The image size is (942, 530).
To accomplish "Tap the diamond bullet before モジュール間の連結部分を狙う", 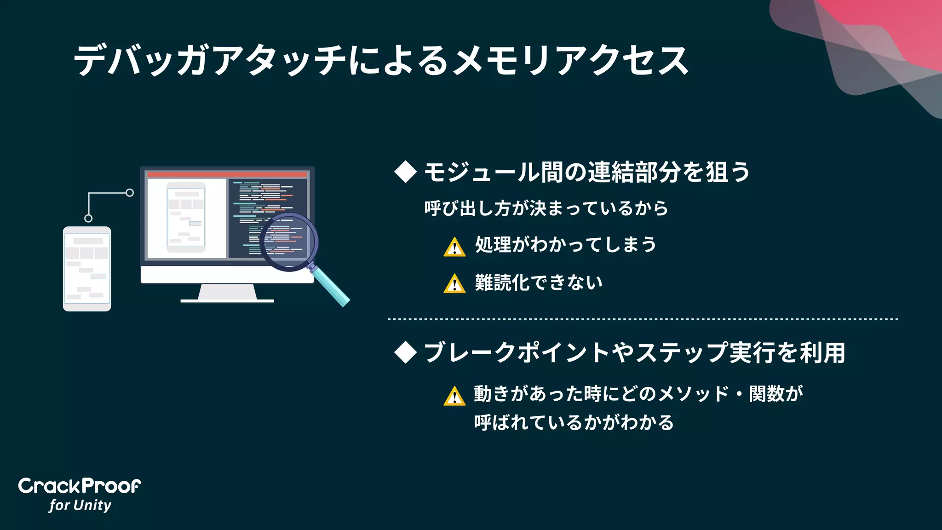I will pyautogui.click(x=405, y=172).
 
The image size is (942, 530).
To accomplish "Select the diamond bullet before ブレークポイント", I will pyautogui.click(x=405, y=352).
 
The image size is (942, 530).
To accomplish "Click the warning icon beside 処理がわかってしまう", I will pyautogui.click(x=454, y=247).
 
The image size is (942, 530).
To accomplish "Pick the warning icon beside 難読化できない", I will pyautogui.click(x=454, y=284).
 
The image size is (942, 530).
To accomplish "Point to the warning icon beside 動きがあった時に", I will pyautogui.click(x=454, y=396).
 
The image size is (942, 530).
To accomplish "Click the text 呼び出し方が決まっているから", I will pyautogui.click(x=546, y=208).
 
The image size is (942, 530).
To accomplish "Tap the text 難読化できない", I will pyautogui.click(x=539, y=282).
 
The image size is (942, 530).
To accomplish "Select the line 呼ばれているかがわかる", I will pyautogui.click(x=574, y=422).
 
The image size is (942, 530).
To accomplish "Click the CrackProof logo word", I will pyautogui.click(x=80, y=486).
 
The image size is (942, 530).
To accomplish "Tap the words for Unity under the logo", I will pyautogui.click(x=80, y=505).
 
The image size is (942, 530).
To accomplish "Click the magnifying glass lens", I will pyautogui.click(x=288, y=242).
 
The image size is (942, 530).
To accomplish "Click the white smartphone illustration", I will pyautogui.click(x=87, y=269).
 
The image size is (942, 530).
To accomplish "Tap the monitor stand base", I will pyautogui.click(x=227, y=300).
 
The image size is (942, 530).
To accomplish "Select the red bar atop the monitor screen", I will pyautogui.click(x=227, y=175).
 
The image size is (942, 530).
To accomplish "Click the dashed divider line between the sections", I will pyautogui.click(x=642, y=319).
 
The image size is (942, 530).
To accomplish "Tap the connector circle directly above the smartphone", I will pyautogui.click(x=88, y=218).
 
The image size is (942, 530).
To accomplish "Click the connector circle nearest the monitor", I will pyautogui.click(x=130, y=193).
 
